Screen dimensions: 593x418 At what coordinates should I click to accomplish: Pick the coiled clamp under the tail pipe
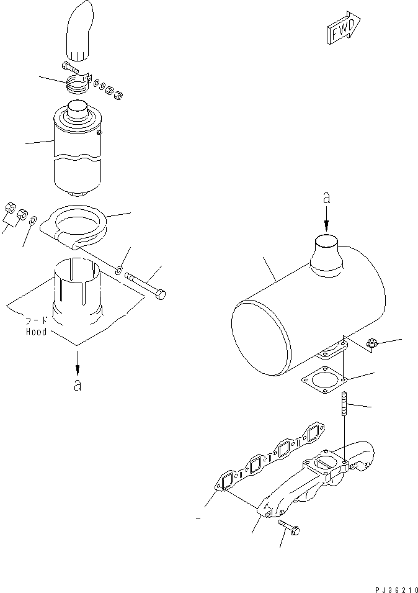click(x=78, y=84)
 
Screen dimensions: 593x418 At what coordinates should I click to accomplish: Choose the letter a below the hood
click(x=77, y=386)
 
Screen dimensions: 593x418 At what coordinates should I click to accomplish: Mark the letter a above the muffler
click(x=326, y=199)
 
